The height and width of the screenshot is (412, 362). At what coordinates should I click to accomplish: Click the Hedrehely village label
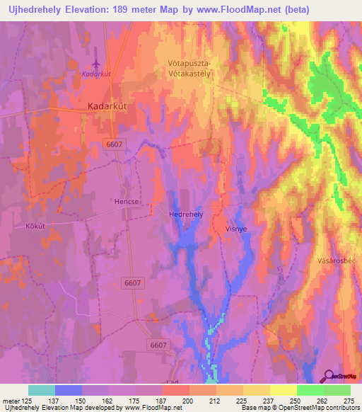click(x=187, y=213)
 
